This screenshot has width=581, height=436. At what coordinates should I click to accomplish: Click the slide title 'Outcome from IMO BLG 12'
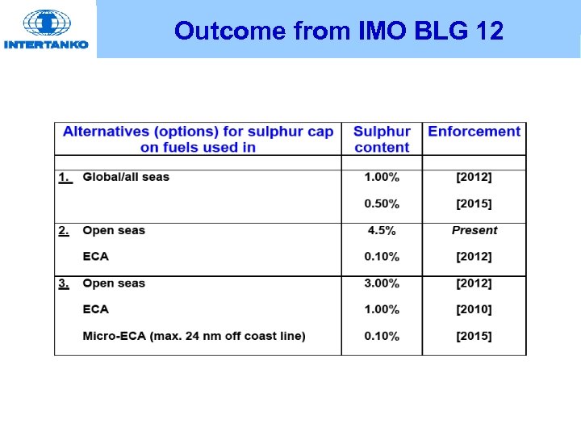click(339, 31)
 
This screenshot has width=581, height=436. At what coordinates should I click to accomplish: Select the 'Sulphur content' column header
click(382, 139)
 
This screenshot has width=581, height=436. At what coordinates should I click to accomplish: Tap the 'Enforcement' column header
click(474, 132)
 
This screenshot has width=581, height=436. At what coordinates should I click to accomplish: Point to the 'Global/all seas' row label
click(126, 177)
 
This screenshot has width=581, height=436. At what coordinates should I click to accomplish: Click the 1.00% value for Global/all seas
click(382, 177)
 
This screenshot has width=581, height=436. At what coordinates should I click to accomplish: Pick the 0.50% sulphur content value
click(382, 203)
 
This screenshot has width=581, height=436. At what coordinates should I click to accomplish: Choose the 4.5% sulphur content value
click(382, 230)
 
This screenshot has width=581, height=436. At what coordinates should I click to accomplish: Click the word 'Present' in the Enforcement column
click(474, 230)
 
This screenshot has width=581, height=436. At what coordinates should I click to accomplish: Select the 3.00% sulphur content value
click(382, 283)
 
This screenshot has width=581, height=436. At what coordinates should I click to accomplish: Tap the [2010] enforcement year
click(474, 309)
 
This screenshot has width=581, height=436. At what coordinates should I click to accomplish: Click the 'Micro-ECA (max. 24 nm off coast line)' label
click(194, 336)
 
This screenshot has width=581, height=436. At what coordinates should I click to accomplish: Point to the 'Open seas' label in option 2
click(114, 230)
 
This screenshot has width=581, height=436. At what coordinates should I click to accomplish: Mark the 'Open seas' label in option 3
click(114, 283)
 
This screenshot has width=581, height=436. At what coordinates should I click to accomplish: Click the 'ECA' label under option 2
click(95, 257)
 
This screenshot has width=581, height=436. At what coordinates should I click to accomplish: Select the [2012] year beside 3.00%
click(474, 283)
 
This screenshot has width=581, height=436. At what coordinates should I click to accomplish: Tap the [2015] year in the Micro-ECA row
click(474, 336)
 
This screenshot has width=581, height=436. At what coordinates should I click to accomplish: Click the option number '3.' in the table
click(64, 283)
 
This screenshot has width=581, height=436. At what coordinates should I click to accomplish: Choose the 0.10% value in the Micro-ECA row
click(382, 336)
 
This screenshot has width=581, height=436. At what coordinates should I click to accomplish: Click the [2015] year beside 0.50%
click(474, 203)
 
